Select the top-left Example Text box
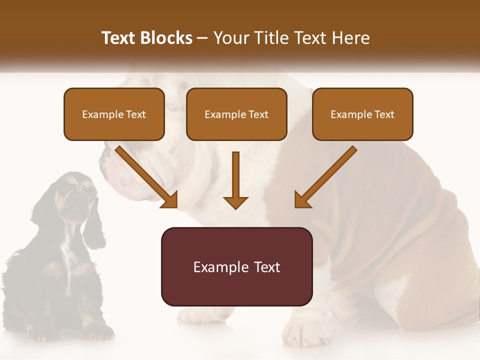[x=114, y=114]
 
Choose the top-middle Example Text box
[x=236, y=114]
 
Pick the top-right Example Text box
[x=362, y=114]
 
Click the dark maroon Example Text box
[x=236, y=267]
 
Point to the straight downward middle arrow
[x=235, y=180]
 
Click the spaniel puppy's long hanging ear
[x=93, y=225]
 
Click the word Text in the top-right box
[x=383, y=114]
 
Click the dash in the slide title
[x=203, y=38]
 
